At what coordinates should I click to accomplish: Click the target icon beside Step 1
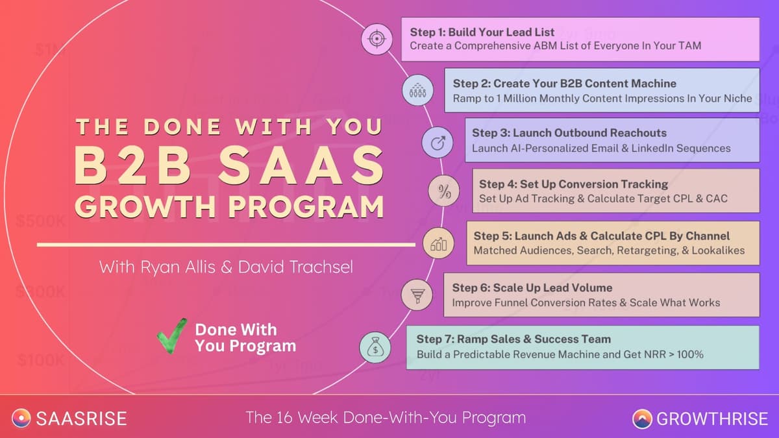click(376, 39)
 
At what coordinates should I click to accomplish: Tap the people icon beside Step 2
click(417, 90)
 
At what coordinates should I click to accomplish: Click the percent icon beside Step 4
click(445, 191)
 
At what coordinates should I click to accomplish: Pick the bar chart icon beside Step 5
click(438, 244)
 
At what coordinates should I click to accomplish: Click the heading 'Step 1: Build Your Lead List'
click(482, 32)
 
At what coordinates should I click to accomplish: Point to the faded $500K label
click(41, 221)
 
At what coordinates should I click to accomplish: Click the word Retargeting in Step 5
click(652, 250)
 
